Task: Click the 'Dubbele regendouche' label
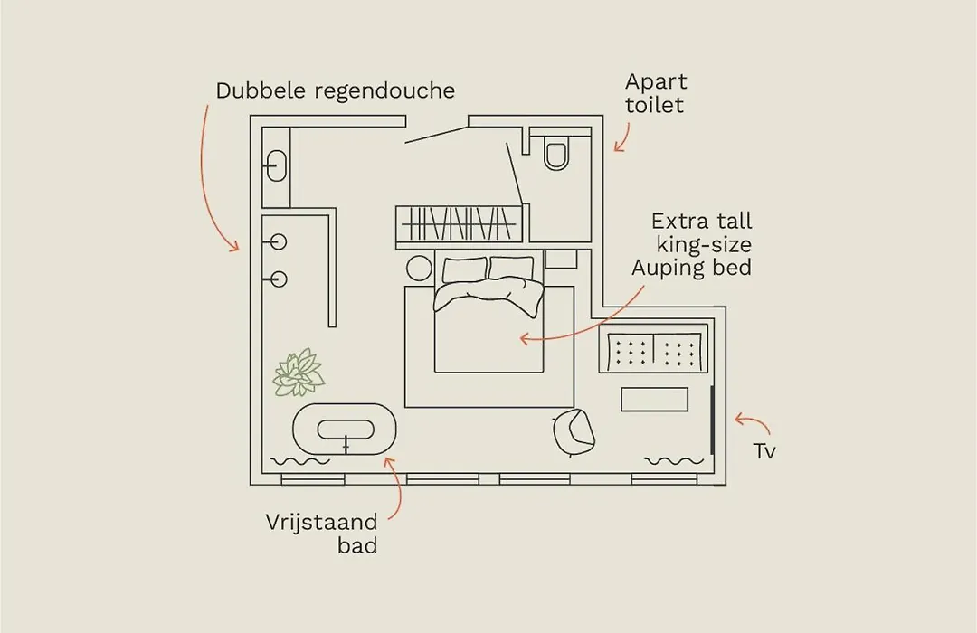click(x=336, y=91)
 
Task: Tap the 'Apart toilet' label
click(x=656, y=93)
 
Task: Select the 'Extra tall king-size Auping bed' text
click(x=692, y=244)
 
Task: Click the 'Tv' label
click(x=764, y=451)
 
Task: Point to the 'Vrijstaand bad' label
click(x=321, y=534)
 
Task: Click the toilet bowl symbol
click(x=555, y=153)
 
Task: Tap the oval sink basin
click(x=276, y=165)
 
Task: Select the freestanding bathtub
click(x=345, y=430)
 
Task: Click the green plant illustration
click(x=299, y=373)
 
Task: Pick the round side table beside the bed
click(x=419, y=269)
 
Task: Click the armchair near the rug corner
click(x=574, y=432)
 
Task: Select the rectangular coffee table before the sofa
click(x=655, y=400)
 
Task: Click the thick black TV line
click(x=712, y=420)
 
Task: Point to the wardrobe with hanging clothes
click(x=460, y=224)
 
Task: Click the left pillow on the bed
click(x=465, y=270)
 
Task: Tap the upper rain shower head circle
click(x=278, y=241)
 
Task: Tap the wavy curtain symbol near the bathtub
click(x=300, y=462)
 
